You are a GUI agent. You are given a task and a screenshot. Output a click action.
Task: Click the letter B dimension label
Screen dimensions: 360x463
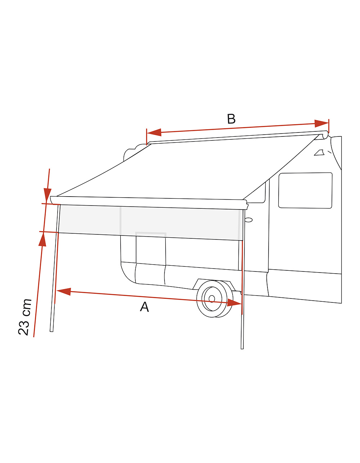(231, 119)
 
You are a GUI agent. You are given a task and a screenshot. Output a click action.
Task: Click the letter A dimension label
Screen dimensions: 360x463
(144, 307)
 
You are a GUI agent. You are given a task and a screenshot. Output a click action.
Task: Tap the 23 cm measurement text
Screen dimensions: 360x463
(25, 317)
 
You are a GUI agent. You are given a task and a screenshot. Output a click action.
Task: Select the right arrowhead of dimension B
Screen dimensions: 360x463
(321, 123)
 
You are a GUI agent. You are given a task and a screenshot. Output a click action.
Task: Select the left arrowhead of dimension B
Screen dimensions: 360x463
(154, 132)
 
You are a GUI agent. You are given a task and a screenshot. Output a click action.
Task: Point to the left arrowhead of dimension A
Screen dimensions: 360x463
(64, 291)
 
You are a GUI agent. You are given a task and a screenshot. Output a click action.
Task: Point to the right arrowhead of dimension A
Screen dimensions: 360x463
(234, 302)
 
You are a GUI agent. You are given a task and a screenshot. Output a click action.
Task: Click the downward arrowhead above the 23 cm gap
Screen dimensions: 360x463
(48, 196)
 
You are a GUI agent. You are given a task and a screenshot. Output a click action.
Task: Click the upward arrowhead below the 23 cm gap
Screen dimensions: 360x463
(42, 239)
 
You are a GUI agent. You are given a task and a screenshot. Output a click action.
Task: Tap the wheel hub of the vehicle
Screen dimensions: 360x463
(212, 299)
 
